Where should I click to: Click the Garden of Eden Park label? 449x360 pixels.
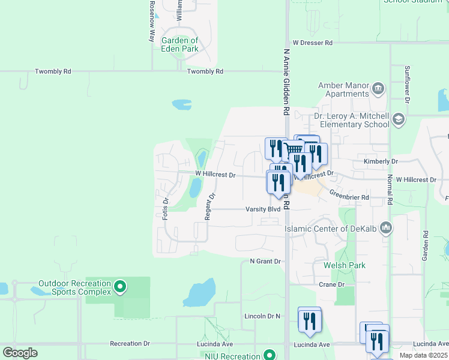(179, 44)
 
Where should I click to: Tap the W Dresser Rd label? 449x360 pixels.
(312, 43)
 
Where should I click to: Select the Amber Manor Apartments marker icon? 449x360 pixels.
(378, 89)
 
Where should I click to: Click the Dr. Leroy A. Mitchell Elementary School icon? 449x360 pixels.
(397, 120)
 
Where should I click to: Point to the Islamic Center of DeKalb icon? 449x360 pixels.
(386, 228)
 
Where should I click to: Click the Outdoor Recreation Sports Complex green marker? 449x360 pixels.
(120, 287)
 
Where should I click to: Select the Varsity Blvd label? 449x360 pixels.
(263, 209)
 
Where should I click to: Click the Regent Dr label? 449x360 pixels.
(209, 206)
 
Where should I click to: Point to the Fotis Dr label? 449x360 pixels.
(166, 208)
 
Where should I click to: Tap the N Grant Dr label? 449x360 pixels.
(265, 262)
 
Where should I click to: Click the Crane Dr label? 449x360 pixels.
(332, 284)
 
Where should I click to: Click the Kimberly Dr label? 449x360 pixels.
(381, 161)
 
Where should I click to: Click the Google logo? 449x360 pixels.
(20, 352)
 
